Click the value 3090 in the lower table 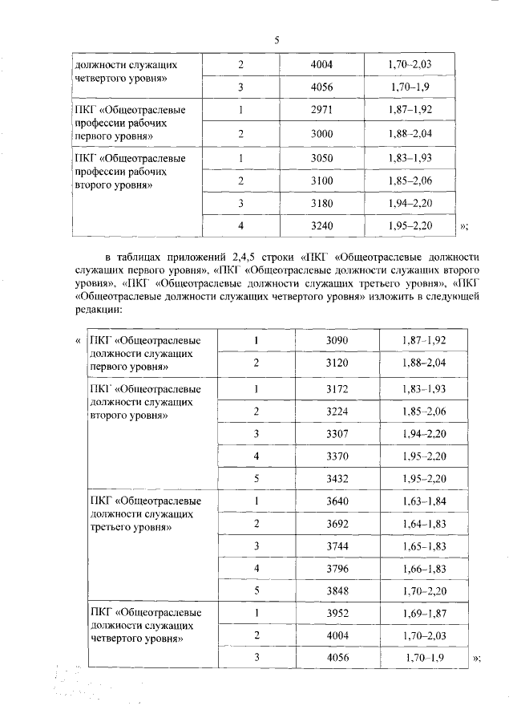coord(337,340)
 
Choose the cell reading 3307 coord(337,433)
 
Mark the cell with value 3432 coord(337,479)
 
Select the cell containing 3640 coord(337,501)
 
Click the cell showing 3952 coord(337,613)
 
